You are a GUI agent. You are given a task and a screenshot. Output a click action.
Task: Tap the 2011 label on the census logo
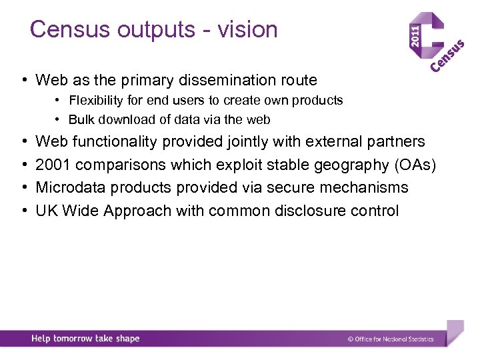pyautogui.click(x=415, y=39)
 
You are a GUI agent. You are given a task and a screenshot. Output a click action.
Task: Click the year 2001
pyautogui.click(x=51, y=165)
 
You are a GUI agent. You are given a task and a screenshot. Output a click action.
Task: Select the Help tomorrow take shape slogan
pyautogui.click(x=85, y=339)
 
